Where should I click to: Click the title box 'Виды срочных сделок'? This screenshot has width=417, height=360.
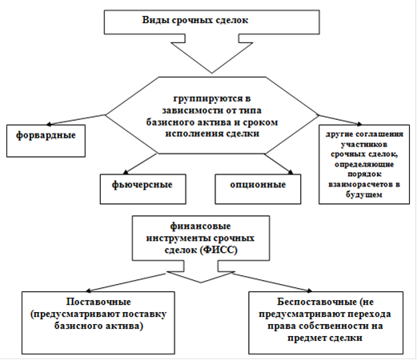point(211,22)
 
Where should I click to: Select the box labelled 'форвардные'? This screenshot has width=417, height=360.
point(46,141)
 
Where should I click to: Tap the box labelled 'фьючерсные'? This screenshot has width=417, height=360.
point(143,190)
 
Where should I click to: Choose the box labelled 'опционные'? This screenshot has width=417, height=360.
point(258,190)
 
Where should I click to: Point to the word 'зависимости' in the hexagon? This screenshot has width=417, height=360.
point(189,110)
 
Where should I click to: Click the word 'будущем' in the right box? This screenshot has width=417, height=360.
point(364,194)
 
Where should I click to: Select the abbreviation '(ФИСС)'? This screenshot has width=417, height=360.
point(219,250)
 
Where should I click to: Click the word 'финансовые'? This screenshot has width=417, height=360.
point(200,226)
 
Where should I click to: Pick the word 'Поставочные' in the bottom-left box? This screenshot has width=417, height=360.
point(98,302)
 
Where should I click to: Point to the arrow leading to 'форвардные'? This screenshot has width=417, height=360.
point(76,120)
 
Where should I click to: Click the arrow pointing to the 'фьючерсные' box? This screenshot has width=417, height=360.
point(140,163)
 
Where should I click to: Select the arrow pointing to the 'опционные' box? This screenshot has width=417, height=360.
point(279,164)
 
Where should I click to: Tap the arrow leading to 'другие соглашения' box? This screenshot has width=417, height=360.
point(340,120)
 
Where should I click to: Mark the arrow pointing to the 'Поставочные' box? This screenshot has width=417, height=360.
point(126,282)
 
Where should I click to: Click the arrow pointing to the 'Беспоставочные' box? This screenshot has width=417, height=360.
point(273,282)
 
